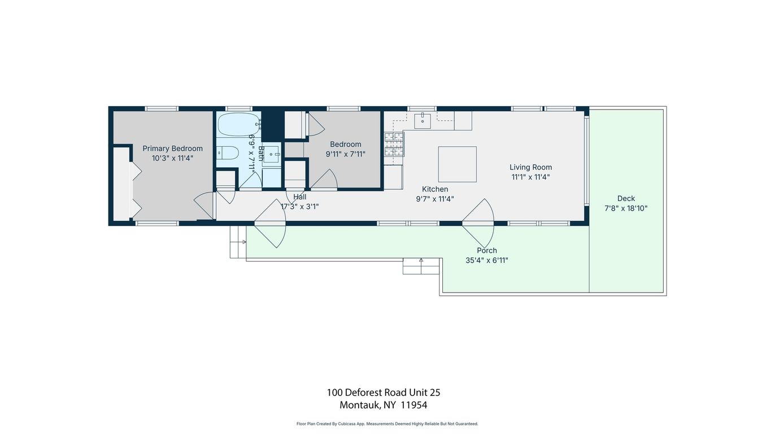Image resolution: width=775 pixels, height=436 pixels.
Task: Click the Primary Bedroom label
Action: point(172,149)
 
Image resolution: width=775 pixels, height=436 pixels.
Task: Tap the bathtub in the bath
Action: point(238,124)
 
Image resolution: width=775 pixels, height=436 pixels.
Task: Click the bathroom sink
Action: point(271,154)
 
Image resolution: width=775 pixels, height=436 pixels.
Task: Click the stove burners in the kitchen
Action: point(394,144)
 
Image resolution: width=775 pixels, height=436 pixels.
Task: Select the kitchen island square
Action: point(457,164)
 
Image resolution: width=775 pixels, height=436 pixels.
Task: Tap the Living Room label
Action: point(530,167)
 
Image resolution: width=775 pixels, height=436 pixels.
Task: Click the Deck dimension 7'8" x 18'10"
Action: point(626,208)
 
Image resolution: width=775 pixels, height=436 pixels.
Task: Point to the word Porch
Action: point(487,251)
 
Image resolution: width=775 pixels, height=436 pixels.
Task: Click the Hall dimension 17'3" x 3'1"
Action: point(299,207)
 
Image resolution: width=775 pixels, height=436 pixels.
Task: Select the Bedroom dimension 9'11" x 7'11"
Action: point(345,154)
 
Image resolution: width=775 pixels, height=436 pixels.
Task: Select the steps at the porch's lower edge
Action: point(421,265)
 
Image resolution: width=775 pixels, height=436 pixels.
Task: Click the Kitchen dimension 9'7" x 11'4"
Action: point(435,199)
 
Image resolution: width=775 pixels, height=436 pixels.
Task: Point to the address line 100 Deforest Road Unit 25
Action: point(383,393)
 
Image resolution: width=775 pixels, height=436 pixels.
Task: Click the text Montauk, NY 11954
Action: point(383,405)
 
